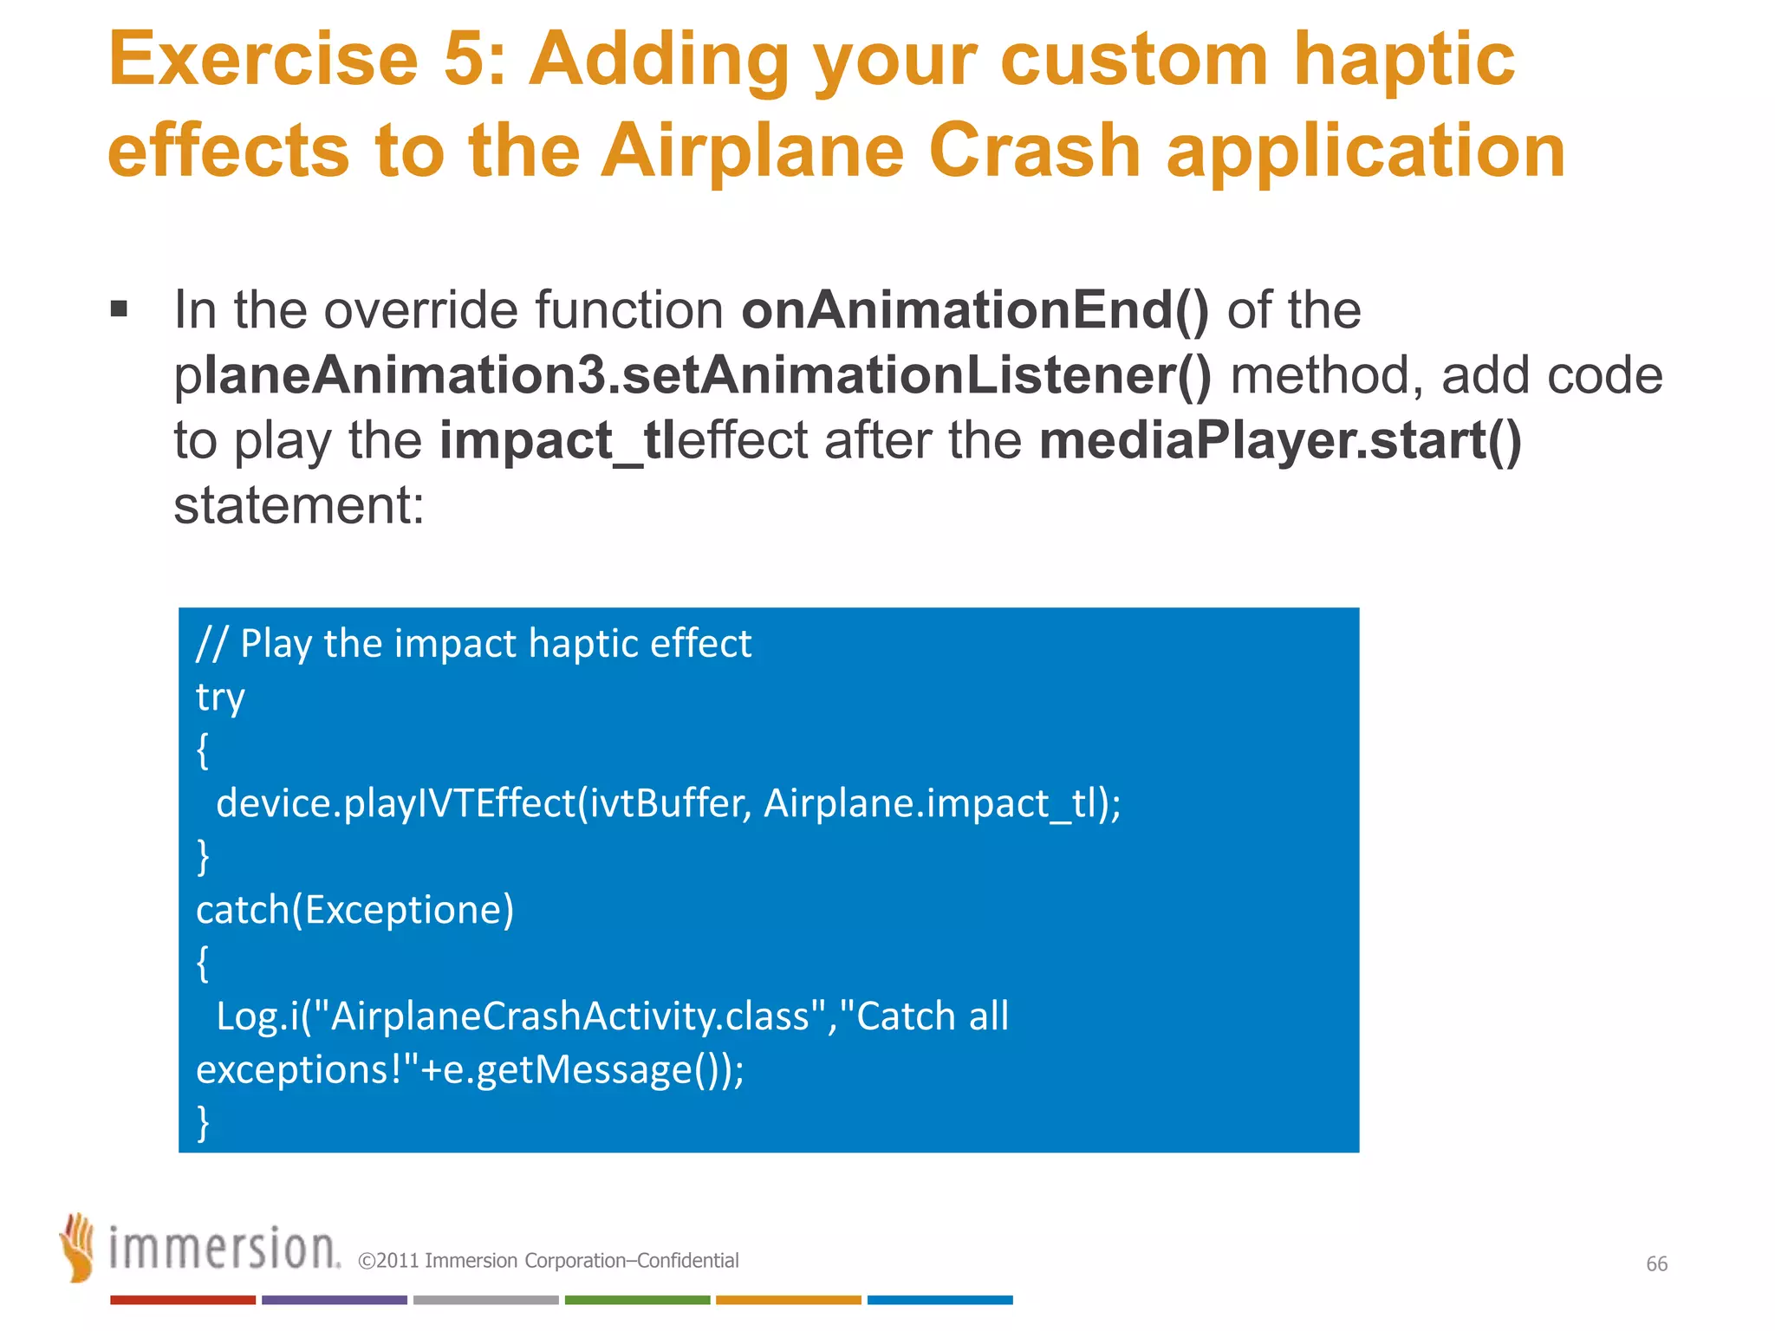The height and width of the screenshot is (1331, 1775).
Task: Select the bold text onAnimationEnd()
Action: (974, 310)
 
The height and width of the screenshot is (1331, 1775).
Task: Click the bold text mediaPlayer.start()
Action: (1280, 440)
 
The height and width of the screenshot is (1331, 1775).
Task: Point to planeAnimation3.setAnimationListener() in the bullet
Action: (692, 376)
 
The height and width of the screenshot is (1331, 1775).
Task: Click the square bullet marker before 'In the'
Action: (120, 309)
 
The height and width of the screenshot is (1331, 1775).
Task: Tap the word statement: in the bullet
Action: (299, 505)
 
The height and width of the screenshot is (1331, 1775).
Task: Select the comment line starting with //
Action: (473, 644)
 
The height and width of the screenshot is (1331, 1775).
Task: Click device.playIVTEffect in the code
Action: (395, 803)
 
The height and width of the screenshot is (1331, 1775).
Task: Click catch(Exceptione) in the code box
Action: (354, 910)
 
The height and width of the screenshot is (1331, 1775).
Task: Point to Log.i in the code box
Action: (251, 1016)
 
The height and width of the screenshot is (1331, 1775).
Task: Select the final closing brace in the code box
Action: (204, 1122)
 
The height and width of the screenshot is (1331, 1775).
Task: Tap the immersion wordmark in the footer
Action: (224, 1249)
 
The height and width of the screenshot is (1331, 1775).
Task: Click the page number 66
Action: (1656, 1263)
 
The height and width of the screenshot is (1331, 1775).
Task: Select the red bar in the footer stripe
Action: (182, 1300)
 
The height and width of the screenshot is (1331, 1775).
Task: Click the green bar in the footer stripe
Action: (637, 1300)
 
